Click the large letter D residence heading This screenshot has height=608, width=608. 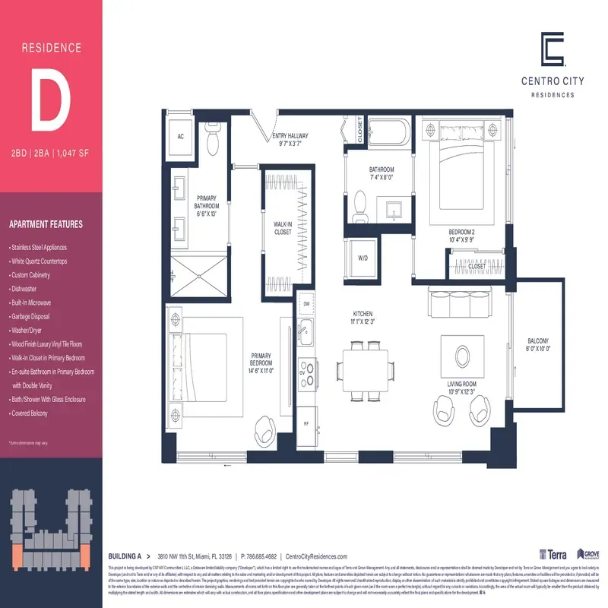pos(51,98)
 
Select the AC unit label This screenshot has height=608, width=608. pos(181,137)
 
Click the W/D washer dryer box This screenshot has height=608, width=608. pos(363,258)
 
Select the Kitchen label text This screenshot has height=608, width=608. pos(363,318)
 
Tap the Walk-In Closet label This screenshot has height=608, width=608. pos(283,228)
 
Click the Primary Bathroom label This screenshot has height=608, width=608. pos(206,206)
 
